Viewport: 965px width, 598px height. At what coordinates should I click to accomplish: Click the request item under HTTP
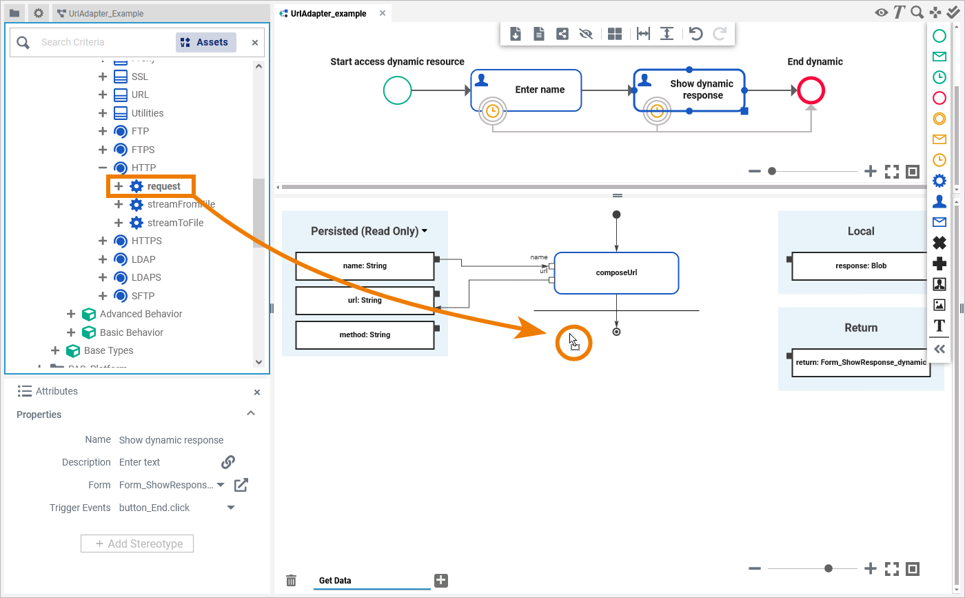tap(163, 186)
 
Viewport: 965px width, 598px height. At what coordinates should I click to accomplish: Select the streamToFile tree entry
tap(175, 223)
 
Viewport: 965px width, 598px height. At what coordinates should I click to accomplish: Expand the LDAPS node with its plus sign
tap(103, 277)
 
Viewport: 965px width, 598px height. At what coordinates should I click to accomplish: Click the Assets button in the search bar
tap(205, 43)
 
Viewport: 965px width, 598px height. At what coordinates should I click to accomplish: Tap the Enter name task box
tap(526, 90)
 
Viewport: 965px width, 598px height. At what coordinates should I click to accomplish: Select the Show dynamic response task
tap(689, 90)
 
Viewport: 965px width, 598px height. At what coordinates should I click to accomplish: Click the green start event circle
tap(398, 90)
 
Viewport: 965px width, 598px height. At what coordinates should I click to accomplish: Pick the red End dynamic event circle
tap(811, 90)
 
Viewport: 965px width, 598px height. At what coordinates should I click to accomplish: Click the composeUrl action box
tap(616, 272)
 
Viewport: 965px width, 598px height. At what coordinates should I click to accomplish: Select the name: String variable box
tap(365, 266)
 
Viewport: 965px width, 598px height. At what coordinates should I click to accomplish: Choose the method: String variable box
tap(365, 335)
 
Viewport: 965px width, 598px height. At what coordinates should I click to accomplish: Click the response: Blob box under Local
tap(860, 266)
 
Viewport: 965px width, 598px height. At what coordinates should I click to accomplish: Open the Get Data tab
tap(335, 581)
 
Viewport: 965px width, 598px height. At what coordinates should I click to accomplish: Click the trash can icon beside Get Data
tap(292, 581)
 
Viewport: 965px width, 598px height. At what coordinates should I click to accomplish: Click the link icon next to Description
tap(228, 462)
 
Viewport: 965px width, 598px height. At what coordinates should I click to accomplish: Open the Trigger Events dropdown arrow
tap(231, 508)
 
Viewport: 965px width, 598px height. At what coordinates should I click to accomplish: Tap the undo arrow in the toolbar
tap(695, 34)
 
